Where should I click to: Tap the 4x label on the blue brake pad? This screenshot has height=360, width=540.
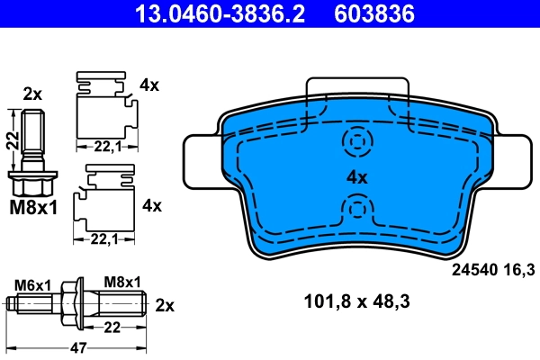(x=357, y=177)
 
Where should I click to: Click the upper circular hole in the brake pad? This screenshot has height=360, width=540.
(x=357, y=142)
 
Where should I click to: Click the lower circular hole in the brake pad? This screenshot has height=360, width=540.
(x=357, y=211)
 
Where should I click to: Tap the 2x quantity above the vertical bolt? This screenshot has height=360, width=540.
(x=32, y=94)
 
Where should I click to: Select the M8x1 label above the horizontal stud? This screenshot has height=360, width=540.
(x=123, y=283)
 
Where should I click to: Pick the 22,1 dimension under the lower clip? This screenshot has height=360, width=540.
(x=104, y=239)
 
